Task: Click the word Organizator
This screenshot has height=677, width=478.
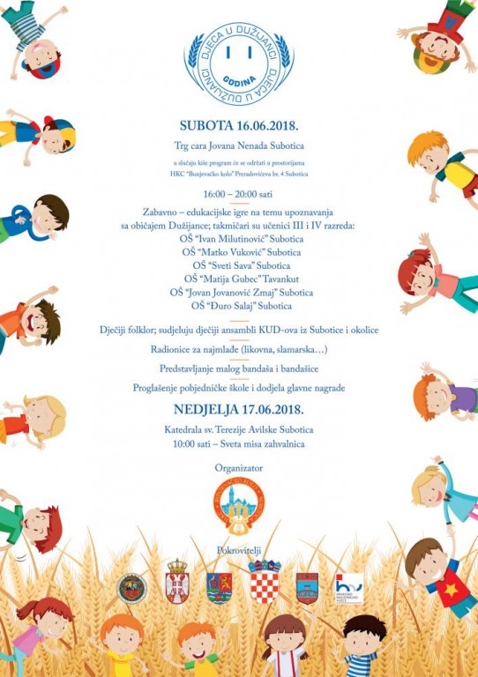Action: point(239,468)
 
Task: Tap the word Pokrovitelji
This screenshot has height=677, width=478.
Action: point(239,550)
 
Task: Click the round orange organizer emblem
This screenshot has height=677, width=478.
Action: point(239,504)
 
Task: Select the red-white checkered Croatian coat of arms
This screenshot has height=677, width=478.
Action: point(265,583)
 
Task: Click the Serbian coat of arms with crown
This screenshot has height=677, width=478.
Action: point(177,583)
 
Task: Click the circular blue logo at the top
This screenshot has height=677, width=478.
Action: point(239,63)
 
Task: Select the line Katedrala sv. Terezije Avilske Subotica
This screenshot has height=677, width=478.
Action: point(239,429)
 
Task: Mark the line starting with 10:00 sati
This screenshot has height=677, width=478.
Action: point(239,443)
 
